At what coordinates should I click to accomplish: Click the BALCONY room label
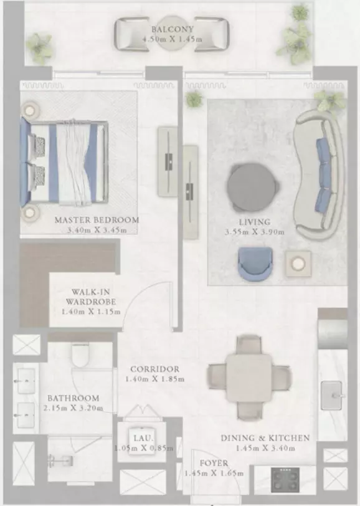(173, 29)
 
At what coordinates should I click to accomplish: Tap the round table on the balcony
(172, 34)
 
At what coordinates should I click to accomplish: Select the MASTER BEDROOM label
(97, 220)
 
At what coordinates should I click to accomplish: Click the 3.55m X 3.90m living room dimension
(255, 232)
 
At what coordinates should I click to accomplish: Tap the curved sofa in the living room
(319, 174)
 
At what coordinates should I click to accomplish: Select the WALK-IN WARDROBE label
(91, 297)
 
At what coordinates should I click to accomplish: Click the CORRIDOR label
(155, 369)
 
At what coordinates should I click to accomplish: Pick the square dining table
(249, 378)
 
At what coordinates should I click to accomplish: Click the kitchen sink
(331, 395)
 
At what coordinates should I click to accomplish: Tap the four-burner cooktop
(285, 480)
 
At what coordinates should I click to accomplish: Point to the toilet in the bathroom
(80, 355)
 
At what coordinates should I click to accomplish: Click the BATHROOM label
(73, 398)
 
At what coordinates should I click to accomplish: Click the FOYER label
(214, 464)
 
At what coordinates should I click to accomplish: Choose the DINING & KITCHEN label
(265, 438)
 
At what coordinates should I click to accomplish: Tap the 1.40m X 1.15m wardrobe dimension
(91, 312)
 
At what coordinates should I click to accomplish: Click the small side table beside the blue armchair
(298, 264)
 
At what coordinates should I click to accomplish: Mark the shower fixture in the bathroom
(60, 460)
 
